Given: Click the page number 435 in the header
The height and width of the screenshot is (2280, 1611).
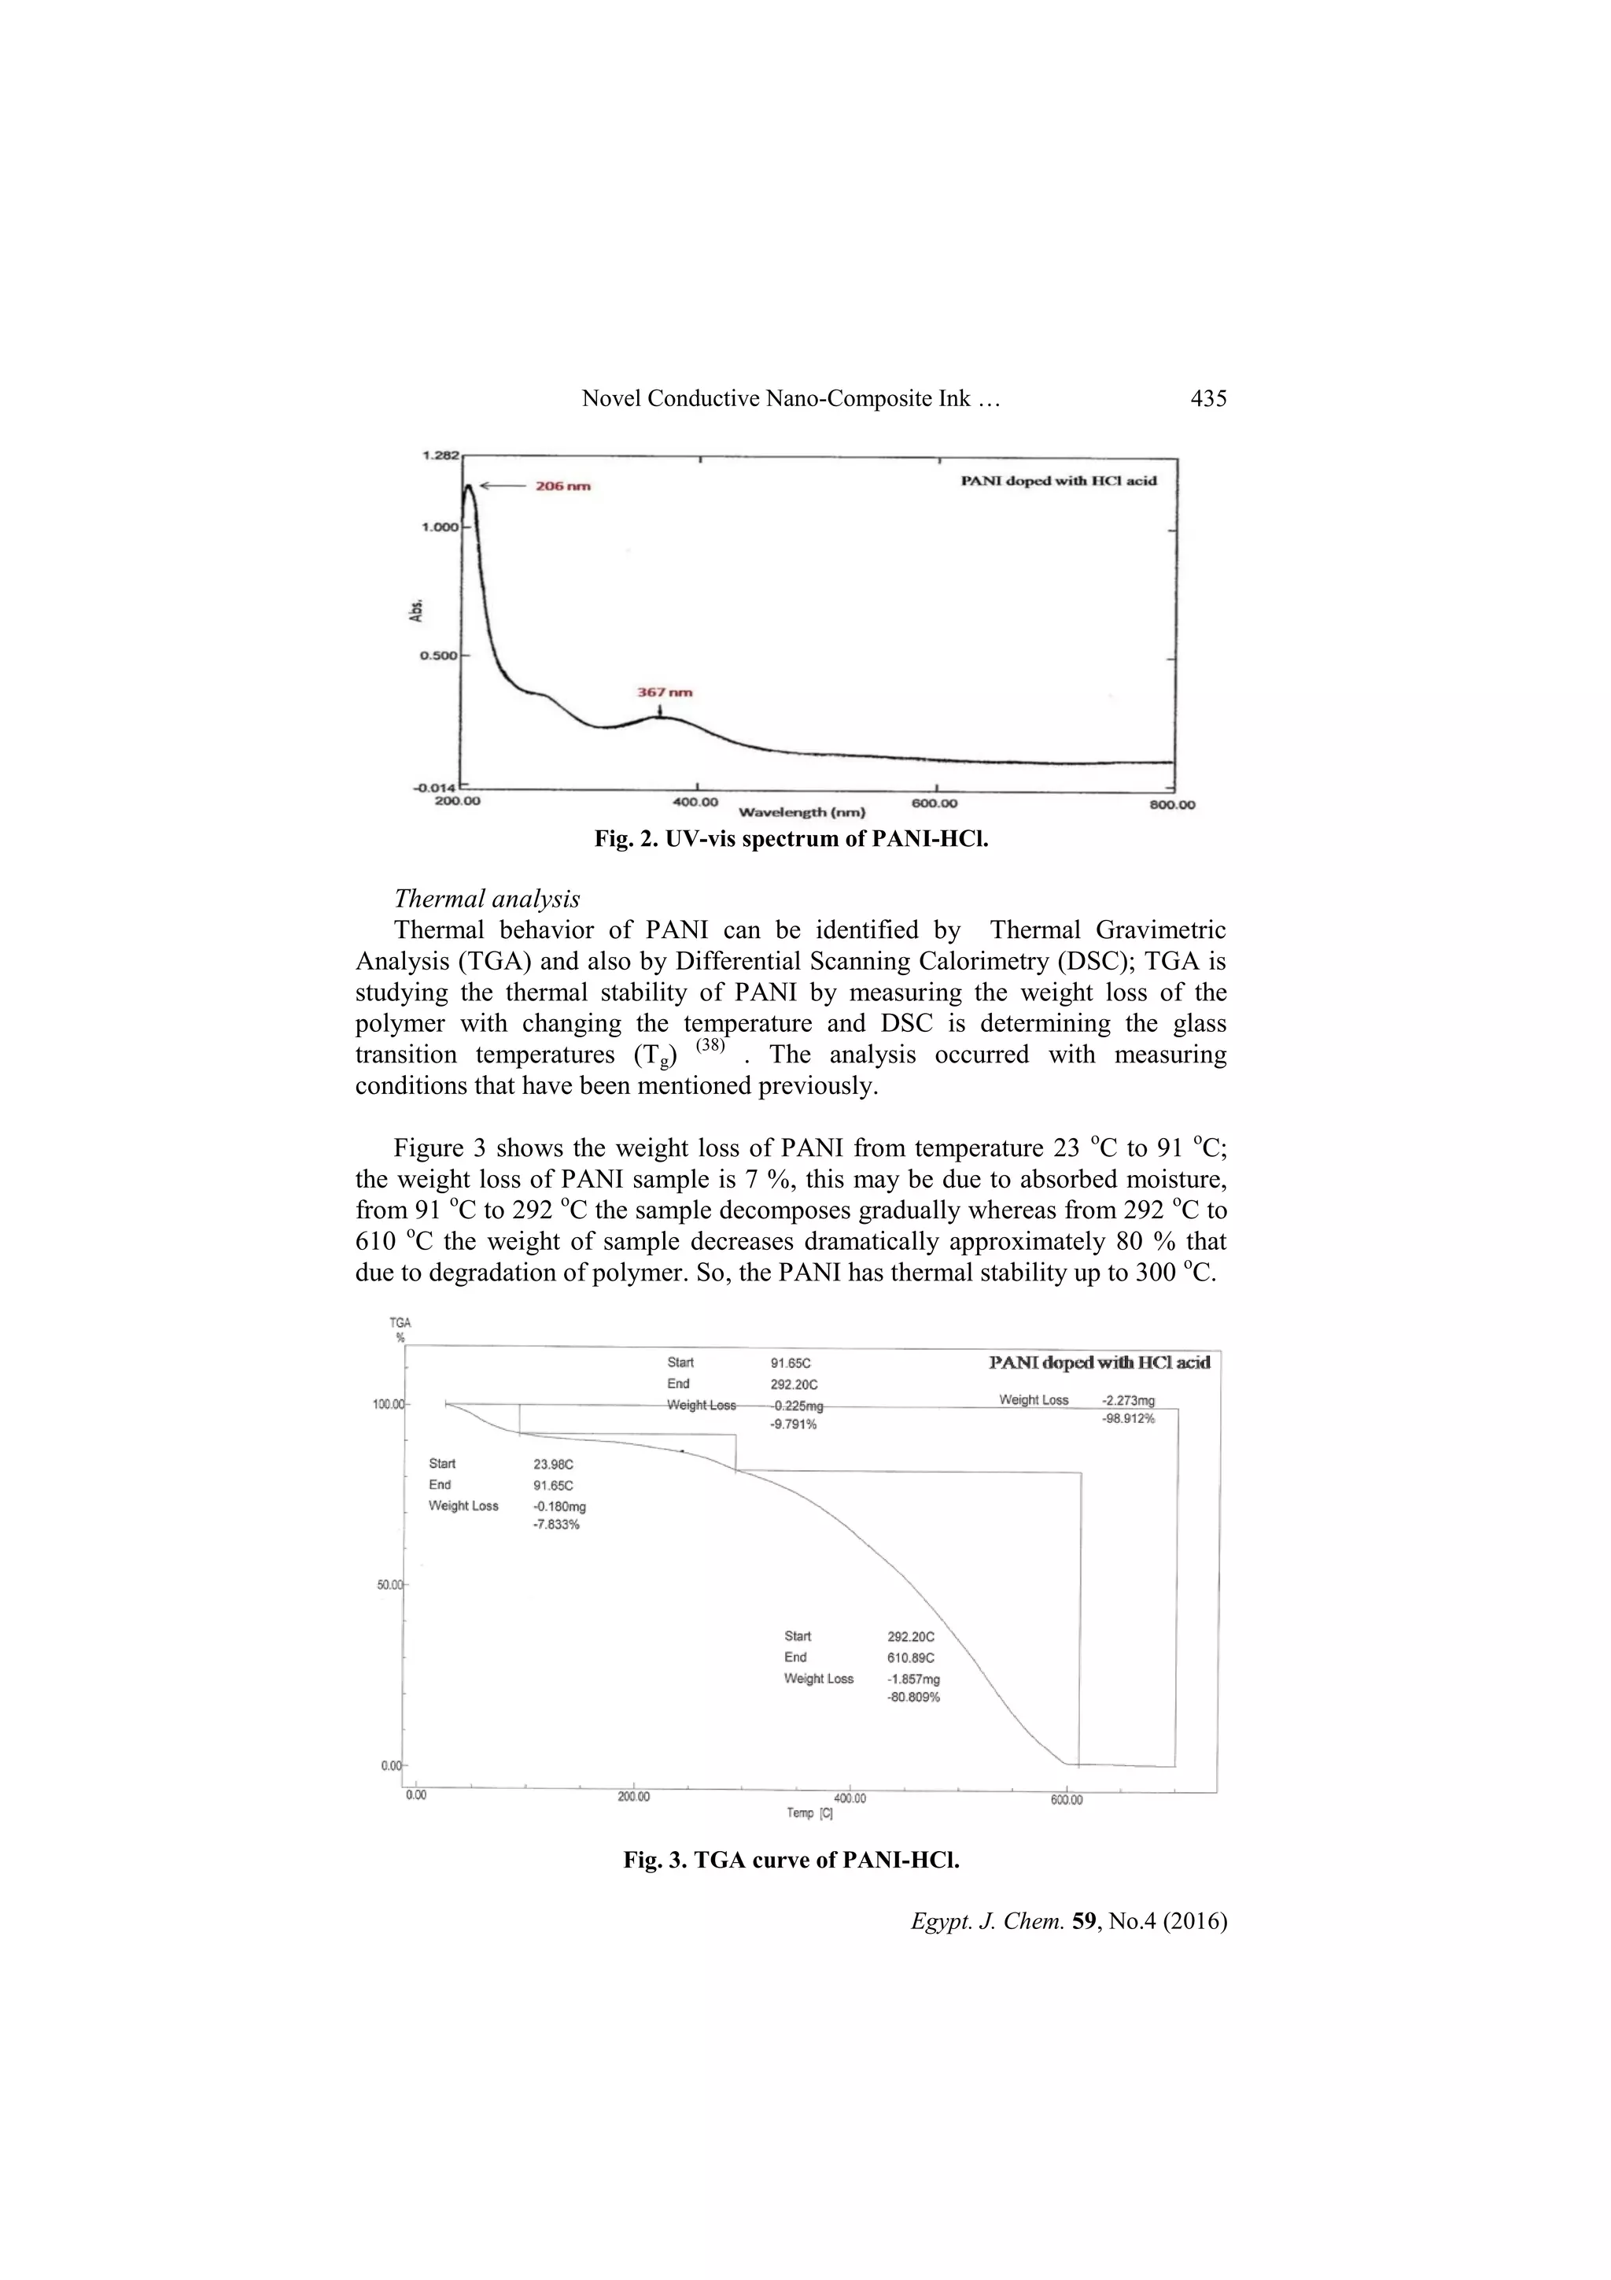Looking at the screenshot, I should tap(1208, 398).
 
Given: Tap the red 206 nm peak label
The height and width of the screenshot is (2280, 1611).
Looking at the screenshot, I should tap(564, 486).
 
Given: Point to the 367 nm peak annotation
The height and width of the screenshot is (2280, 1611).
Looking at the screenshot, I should tap(664, 692).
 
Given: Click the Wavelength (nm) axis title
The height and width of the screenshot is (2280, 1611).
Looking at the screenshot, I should tap(802, 812).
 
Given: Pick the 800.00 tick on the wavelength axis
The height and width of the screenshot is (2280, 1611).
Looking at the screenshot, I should tap(1172, 804).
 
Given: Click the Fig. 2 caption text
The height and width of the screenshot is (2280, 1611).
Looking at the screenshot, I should tap(791, 839).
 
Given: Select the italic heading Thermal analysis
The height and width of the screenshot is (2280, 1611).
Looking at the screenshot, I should tap(486, 899).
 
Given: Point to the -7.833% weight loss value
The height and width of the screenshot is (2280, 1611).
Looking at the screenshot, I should tap(556, 1525).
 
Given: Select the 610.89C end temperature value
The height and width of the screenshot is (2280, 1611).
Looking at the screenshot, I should tap(910, 1657).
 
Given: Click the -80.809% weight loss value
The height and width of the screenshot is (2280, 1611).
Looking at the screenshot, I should tap(913, 1698).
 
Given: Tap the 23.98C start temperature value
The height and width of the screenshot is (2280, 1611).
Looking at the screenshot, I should tap(554, 1464).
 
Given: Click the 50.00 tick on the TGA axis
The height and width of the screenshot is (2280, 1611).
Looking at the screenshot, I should tap(389, 1585).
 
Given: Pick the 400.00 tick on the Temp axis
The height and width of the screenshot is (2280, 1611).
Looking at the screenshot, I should tap(849, 1798).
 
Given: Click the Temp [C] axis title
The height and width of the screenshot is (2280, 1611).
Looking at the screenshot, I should tap(809, 1813).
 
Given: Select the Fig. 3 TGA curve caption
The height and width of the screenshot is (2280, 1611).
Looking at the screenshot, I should tap(791, 1860).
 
